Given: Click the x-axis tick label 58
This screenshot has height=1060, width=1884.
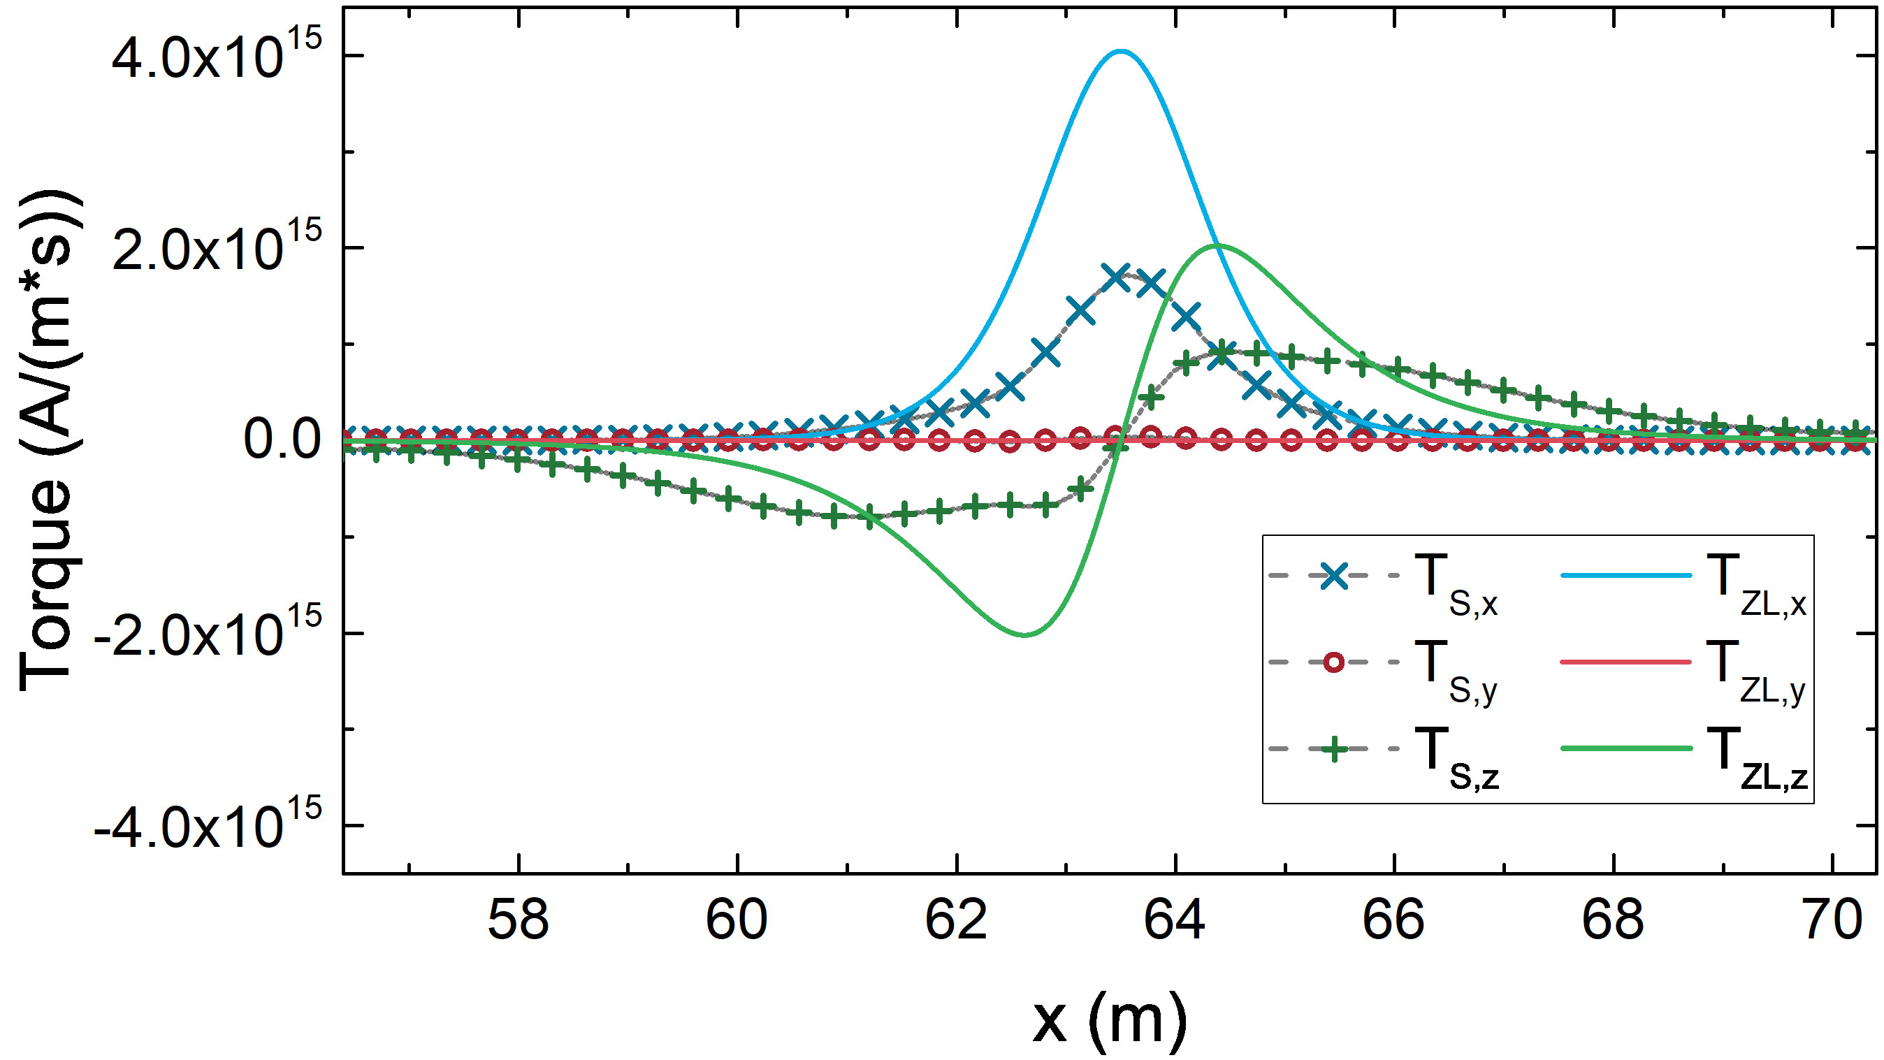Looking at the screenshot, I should point(518,920).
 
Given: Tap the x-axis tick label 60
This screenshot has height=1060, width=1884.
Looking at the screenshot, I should point(737,920).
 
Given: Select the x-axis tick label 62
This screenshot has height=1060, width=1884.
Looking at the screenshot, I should point(956,920).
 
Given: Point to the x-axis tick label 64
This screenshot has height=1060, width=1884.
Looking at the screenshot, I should point(1175,920).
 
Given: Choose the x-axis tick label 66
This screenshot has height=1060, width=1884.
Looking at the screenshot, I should point(1393,920).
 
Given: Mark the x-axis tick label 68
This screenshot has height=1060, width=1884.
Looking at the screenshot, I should point(1613,920).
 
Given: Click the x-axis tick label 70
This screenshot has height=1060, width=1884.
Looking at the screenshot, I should point(1832,920).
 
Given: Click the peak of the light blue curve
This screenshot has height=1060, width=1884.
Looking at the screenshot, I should point(1120,51).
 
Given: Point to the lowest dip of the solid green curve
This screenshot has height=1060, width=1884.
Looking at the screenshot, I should point(1024,634).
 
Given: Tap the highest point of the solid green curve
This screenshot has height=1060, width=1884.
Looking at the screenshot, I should point(1217,245).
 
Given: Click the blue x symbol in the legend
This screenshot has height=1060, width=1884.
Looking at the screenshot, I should point(1333,576).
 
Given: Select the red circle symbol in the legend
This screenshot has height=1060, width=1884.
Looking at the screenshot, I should point(1333,663).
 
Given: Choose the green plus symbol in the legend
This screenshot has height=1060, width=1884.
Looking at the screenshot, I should point(1333,749).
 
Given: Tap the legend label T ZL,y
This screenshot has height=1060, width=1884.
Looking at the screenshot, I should point(1756,671).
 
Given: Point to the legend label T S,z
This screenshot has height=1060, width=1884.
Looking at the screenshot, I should point(1456,758).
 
